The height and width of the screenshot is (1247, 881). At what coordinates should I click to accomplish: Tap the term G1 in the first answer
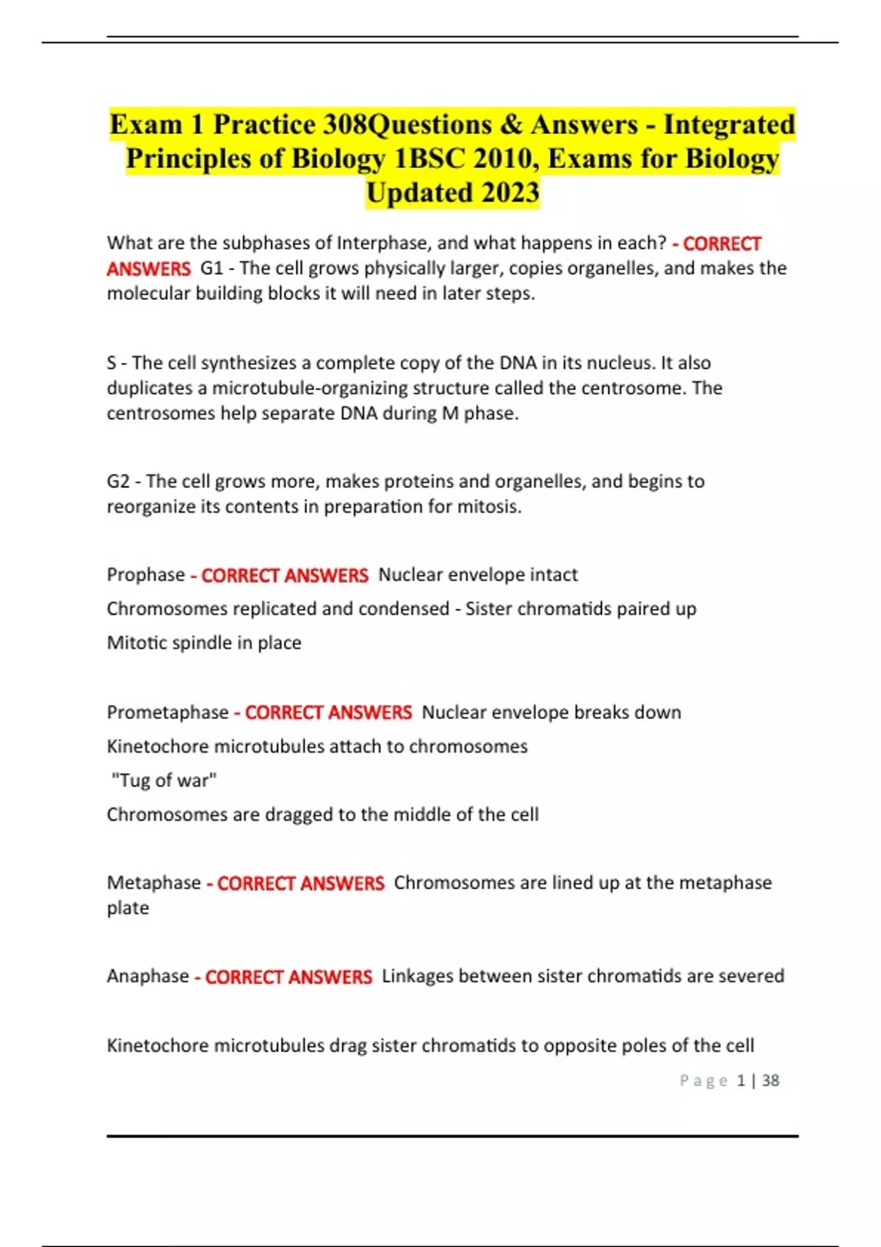(211, 268)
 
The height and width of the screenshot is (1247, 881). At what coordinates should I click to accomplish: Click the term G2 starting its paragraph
(118, 482)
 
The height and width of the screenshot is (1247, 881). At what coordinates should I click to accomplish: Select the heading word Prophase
(145, 575)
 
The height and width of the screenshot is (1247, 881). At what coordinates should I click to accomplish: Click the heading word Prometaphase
(167, 712)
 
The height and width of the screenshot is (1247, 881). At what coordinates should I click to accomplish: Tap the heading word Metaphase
(153, 882)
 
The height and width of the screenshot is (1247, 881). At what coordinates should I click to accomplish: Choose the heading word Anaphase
(148, 976)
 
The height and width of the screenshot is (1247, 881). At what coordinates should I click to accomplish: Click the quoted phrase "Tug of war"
(164, 780)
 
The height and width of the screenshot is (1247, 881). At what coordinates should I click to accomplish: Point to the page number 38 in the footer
(770, 1080)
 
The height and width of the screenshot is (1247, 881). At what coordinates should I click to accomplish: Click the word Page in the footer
(703, 1080)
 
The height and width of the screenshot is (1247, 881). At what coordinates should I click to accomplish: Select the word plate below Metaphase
(128, 908)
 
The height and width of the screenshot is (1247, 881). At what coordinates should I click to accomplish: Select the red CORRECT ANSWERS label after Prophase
(284, 575)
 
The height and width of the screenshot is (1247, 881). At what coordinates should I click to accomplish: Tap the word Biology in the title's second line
(338, 158)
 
